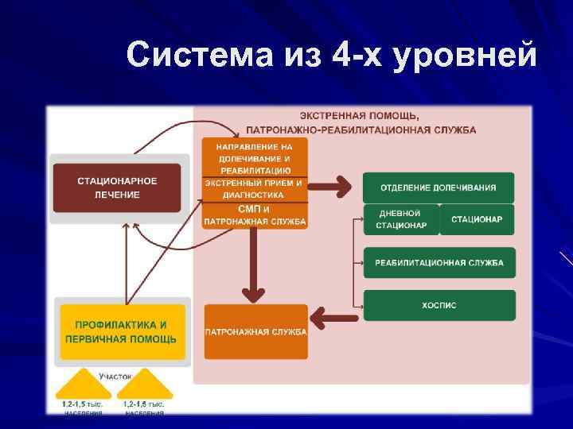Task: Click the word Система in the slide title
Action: [187, 56]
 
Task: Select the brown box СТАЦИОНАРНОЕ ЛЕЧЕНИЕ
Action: [117, 187]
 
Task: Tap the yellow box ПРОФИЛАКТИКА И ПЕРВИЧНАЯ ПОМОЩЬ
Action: [120, 331]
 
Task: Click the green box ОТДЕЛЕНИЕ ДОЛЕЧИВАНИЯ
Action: [438, 187]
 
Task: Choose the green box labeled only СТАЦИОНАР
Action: [477, 219]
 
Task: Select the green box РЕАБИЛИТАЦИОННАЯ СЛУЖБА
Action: [438, 263]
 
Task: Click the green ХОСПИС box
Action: [438, 306]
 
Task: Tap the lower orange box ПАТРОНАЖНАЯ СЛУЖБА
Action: [255, 331]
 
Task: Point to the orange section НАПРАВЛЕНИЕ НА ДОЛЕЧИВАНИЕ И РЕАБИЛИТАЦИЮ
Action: [255, 158]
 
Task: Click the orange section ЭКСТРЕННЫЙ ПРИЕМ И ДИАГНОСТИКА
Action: [255, 188]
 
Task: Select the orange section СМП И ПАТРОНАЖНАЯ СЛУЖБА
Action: [255, 215]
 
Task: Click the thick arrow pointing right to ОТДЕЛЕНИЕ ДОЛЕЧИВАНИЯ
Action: [334, 187]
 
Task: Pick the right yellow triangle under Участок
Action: [143, 386]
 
